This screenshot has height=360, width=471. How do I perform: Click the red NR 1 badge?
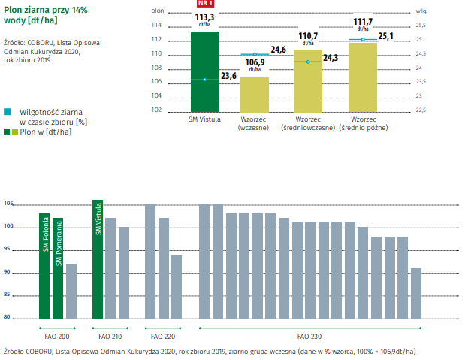click(x=205, y=4)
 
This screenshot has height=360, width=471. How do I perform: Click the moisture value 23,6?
click(x=229, y=75)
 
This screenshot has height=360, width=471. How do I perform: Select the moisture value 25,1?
click(x=388, y=35)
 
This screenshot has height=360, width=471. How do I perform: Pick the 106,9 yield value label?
click(x=255, y=62)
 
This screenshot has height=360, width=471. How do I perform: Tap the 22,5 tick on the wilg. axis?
click(x=422, y=110)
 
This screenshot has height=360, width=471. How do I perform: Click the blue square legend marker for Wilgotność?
click(x=8, y=110)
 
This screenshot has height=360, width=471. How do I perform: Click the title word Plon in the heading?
click(x=14, y=8)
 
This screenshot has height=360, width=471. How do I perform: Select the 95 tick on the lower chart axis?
click(x=8, y=250)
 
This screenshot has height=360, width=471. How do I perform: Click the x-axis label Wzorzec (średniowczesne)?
click(x=308, y=124)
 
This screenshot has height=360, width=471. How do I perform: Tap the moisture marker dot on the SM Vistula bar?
click(x=205, y=80)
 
